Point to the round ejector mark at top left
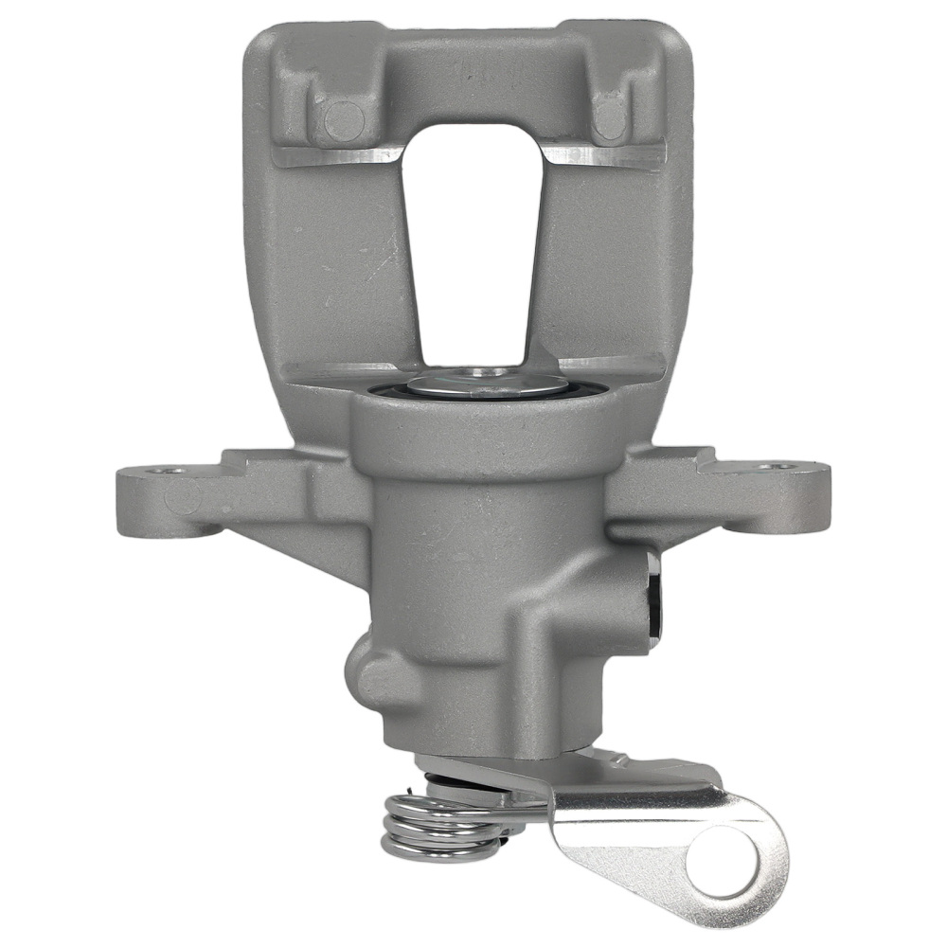coord(344,120)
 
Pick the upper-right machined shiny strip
coord(606,154)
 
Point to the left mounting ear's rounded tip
coord(133,497)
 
